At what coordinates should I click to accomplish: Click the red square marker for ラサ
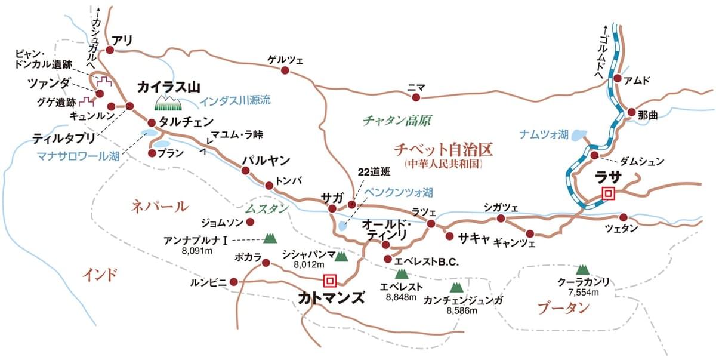[608, 192]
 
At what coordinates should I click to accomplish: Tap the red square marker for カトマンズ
[329, 280]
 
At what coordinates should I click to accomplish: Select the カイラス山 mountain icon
[168, 103]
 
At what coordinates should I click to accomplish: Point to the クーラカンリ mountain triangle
[582, 270]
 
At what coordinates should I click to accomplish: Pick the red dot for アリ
[110, 51]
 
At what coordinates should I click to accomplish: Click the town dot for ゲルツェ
[285, 70]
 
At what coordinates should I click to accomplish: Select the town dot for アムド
[618, 79]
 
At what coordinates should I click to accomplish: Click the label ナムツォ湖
[545, 135]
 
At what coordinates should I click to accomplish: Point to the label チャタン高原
[396, 120]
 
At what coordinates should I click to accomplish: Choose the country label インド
[99, 274]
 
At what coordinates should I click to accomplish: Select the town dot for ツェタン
[624, 217]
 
